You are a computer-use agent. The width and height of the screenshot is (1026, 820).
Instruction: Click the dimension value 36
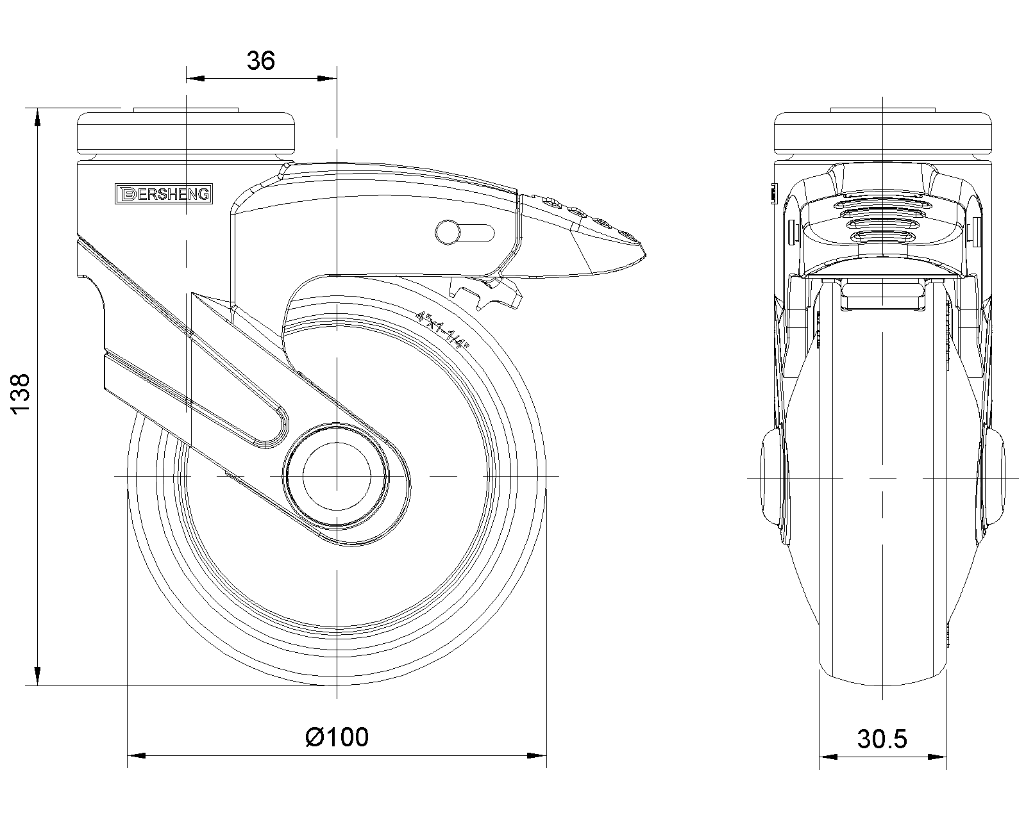[261, 61]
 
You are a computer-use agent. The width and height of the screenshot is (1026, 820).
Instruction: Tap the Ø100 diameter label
[337, 737]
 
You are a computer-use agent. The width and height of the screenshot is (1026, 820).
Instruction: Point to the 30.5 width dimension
[882, 739]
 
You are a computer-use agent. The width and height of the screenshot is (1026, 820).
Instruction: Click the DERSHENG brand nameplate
[163, 193]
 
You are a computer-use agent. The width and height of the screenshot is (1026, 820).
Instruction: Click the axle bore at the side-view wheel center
[337, 477]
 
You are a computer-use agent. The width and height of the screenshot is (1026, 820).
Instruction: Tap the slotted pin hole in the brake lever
[465, 231]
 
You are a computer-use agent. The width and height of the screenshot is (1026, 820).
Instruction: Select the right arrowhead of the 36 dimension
[328, 79]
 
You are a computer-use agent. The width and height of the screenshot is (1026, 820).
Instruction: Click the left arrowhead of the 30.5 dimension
[828, 757]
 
